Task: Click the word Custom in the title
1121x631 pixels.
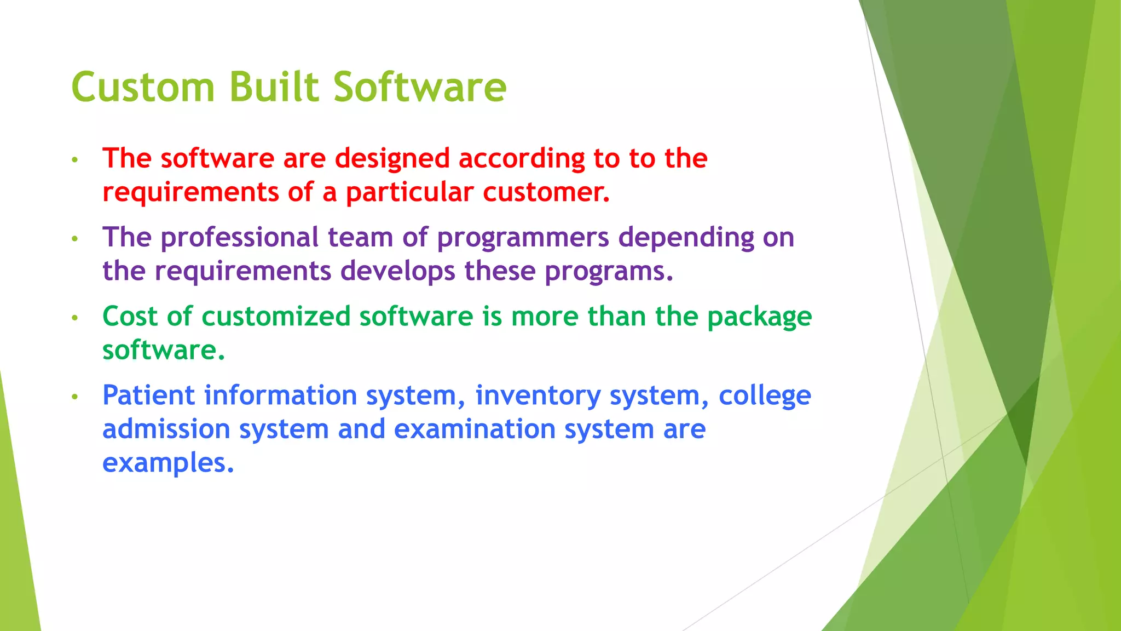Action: coord(142,88)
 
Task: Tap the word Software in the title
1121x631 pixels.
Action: coord(420,88)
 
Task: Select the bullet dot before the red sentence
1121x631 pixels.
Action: coord(75,160)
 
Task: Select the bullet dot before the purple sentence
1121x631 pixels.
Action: coord(75,239)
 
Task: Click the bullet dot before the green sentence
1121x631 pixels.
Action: coord(75,318)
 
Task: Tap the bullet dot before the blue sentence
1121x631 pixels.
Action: coord(75,397)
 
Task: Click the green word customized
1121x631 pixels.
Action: coord(276,317)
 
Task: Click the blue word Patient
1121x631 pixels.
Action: coord(149,395)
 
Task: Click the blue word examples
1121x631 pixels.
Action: coord(168,463)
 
